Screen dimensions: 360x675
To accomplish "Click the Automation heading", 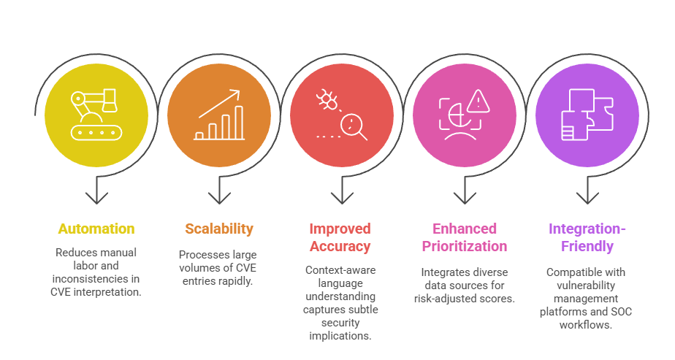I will [96, 229].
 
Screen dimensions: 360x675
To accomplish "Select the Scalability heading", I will [219, 229].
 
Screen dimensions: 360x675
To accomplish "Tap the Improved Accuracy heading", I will [340, 237].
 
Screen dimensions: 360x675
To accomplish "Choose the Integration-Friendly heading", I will [587, 237].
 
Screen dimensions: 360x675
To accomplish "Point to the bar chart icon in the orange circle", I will [219, 117].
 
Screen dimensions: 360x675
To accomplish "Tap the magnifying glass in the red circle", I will [356, 126].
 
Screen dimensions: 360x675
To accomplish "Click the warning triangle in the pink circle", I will [479, 100].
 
